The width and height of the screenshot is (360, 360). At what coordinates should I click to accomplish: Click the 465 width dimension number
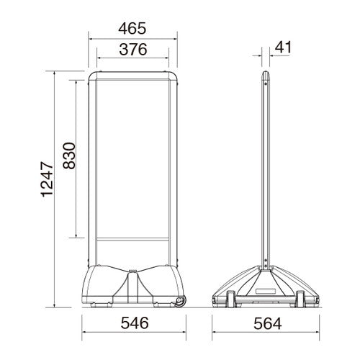pos(132,28)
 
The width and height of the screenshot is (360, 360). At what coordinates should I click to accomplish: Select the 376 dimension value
pos(133,50)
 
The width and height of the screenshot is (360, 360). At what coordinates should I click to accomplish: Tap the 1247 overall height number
pos(47,179)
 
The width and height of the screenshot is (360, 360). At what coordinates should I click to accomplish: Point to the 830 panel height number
pos(69,156)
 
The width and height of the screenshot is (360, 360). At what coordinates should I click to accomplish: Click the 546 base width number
pos(135,323)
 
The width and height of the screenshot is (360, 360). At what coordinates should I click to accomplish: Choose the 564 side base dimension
pos(268,323)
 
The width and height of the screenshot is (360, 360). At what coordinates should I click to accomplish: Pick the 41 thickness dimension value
pos(283,48)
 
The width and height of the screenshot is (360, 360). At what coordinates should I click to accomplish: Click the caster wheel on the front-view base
pos(180,302)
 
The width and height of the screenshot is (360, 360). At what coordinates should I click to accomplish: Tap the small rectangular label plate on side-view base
pos(266,292)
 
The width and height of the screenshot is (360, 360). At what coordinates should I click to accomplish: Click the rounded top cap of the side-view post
pos(266,76)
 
